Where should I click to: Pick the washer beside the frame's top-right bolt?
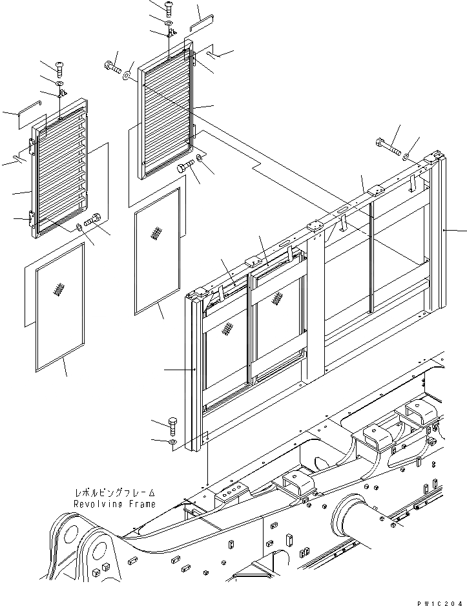coord(405,157)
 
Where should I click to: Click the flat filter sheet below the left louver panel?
coord(60,307)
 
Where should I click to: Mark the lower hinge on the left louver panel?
coord(31,218)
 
